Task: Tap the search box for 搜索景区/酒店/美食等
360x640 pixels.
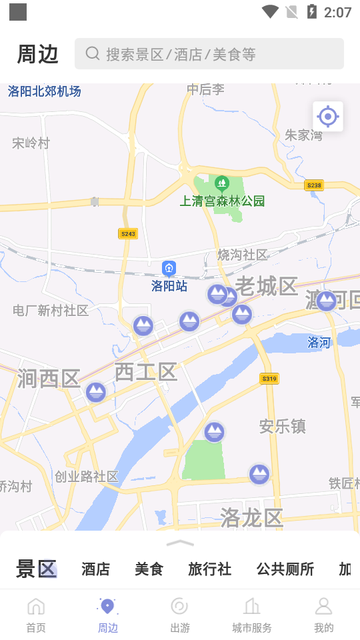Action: [x=209, y=54]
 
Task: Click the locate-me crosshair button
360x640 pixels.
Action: [x=327, y=117]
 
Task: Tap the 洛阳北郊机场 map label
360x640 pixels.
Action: [x=45, y=91]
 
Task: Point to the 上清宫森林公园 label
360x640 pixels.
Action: [x=223, y=201]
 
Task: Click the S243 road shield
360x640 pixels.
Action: [x=128, y=233]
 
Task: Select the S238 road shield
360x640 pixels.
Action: [x=313, y=185]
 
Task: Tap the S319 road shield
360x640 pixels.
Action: [x=269, y=379]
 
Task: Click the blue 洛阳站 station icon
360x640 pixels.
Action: [x=169, y=269]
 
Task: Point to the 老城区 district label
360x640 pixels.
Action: [x=266, y=286]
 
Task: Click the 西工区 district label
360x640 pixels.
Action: [x=145, y=372]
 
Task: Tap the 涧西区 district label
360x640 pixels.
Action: [x=49, y=378]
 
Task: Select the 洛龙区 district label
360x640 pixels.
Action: [x=252, y=517]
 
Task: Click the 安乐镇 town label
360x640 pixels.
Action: [x=282, y=426]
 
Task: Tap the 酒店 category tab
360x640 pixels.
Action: [x=95, y=569]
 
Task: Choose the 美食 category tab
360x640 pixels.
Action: [x=149, y=569]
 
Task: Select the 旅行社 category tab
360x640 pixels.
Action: [x=209, y=569]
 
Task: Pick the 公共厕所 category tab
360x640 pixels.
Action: [x=285, y=569]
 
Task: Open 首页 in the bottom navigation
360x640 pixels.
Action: [x=36, y=615]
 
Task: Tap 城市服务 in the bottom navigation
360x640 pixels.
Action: [x=252, y=615]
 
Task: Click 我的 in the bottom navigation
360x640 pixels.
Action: [x=323, y=615]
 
